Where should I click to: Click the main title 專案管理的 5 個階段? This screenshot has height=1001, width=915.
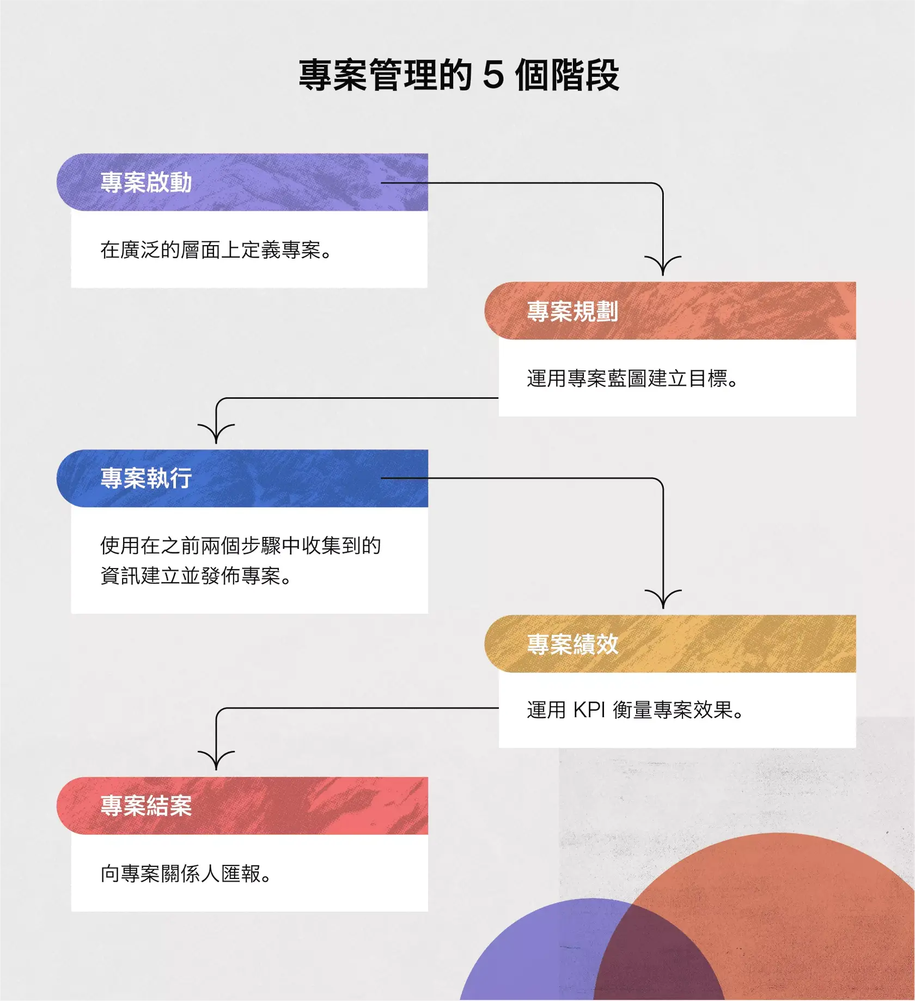pyautogui.click(x=459, y=75)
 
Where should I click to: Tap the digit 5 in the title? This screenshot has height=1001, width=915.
pyautogui.click(x=493, y=75)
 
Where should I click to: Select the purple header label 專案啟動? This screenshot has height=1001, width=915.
pyautogui.click(x=146, y=182)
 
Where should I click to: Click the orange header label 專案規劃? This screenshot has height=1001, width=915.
pyautogui.click(x=572, y=311)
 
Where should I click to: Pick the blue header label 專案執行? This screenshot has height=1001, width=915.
pyautogui.click(x=146, y=478)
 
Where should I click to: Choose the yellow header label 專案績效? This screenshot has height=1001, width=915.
pyautogui.click(x=572, y=644)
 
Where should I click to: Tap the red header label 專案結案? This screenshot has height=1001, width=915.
pyautogui.click(x=146, y=805)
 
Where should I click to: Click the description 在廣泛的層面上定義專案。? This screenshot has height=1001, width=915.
pyautogui.click(x=216, y=250)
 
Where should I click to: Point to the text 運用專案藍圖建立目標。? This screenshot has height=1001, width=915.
pyautogui.click(x=632, y=379)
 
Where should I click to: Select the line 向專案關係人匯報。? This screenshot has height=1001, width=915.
pyautogui.click(x=186, y=874)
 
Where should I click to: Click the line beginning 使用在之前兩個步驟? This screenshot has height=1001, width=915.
pyautogui.click(x=240, y=545)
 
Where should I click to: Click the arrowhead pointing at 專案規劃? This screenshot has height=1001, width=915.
pyautogui.click(x=663, y=267)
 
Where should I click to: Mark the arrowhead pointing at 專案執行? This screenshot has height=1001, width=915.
pyautogui.click(x=216, y=435)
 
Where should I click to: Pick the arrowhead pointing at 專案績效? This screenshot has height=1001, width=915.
pyautogui.click(x=663, y=600)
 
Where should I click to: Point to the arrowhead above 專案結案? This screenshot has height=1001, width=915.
pyautogui.click(x=216, y=761)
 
